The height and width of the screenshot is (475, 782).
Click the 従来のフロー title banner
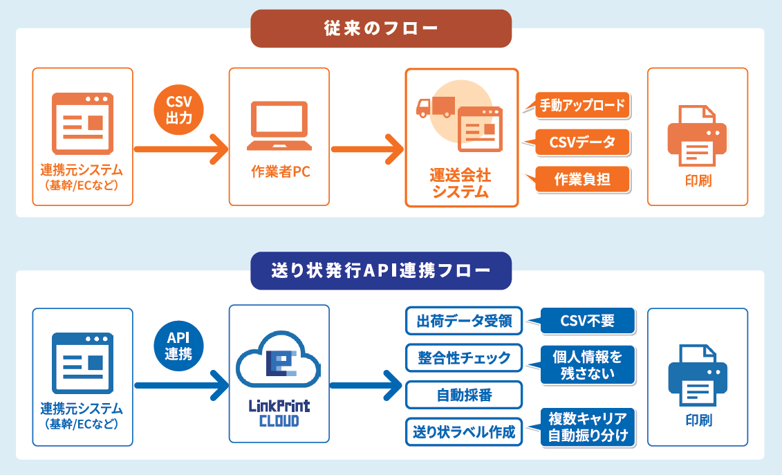[381, 28]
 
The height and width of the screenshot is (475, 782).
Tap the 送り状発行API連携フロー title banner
[381, 270]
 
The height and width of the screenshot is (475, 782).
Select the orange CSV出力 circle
[178, 110]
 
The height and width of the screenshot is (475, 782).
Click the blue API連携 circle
[178, 346]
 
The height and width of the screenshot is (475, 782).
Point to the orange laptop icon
[279, 126]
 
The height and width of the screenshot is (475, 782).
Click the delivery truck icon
[436, 107]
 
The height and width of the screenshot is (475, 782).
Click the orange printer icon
[697, 136]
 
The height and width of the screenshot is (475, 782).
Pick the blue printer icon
[697, 375]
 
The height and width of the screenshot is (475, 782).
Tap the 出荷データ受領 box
[464, 321]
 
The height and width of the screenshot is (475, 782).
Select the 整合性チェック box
[464, 357]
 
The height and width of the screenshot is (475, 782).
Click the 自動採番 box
[464, 395]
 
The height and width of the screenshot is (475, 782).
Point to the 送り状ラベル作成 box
[464, 431]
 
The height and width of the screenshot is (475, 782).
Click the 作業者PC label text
[280, 171]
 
